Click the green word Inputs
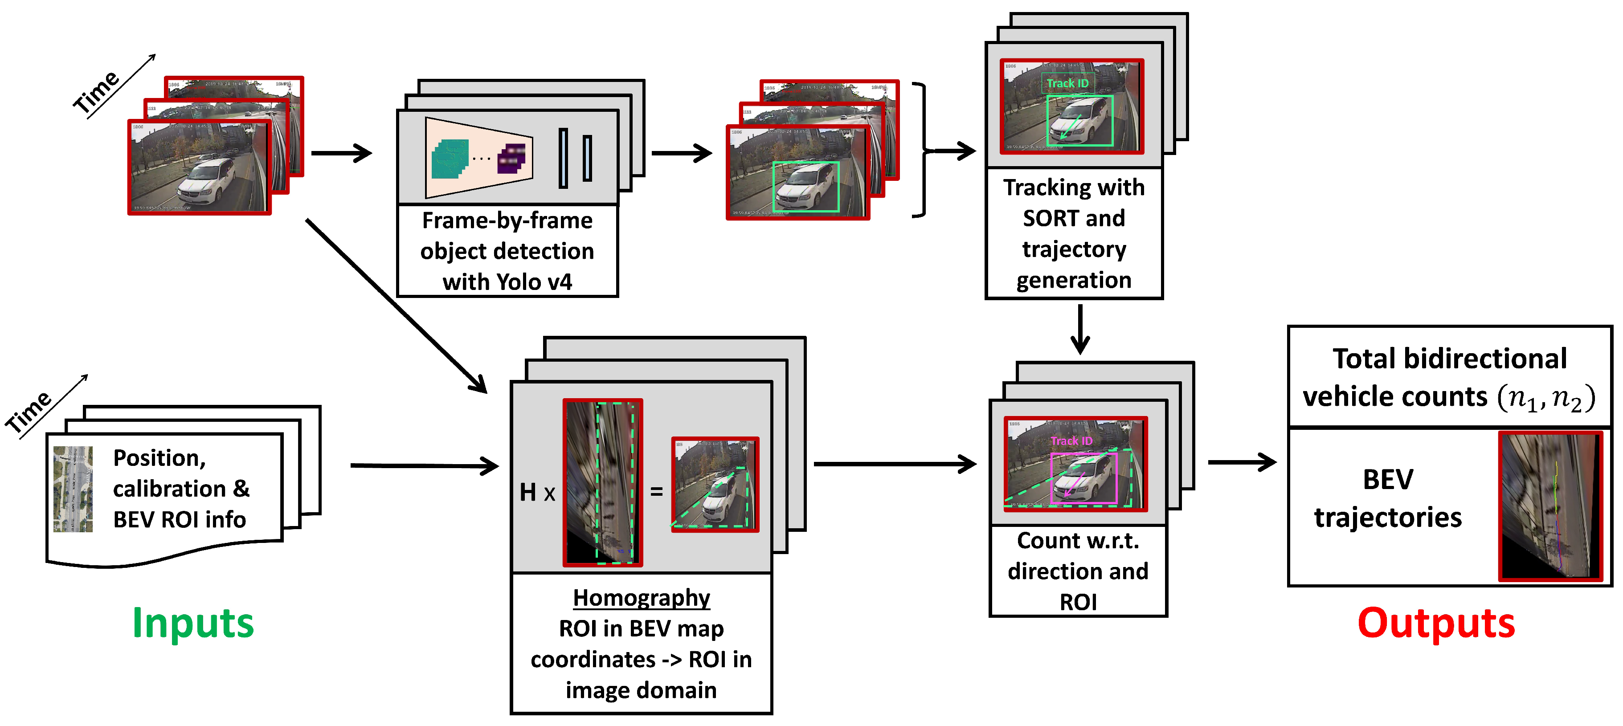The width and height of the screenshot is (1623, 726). (x=193, y=624)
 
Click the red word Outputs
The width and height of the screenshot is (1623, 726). (x=1436, y=624)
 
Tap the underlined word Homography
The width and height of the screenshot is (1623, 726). (x=642, y=598)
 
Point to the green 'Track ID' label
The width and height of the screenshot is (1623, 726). (x=1067, y=83)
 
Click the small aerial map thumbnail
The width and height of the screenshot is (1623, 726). (x=73, y=489)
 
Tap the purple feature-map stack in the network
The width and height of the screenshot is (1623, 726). (x=511, y=157)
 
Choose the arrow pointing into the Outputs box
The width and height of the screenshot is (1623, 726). (x=1241, y=462)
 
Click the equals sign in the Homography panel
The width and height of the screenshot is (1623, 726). (x=657, y=491)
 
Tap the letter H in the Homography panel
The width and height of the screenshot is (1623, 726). (x=528, y=492)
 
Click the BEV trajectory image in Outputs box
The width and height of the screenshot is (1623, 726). (x=1550, y=506)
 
